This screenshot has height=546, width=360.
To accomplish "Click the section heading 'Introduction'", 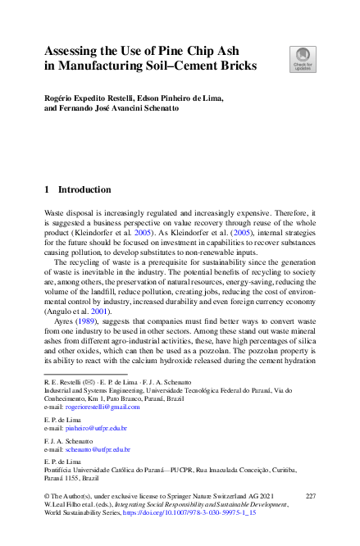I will point(84,189).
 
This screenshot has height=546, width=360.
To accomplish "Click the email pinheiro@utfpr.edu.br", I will point(96,428).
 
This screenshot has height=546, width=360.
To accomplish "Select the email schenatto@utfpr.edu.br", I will point(98,450).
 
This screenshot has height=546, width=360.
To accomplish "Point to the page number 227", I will point(310,497).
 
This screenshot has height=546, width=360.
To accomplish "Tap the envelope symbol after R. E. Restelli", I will point(91,383).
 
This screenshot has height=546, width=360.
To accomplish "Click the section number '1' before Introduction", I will point(46,189).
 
